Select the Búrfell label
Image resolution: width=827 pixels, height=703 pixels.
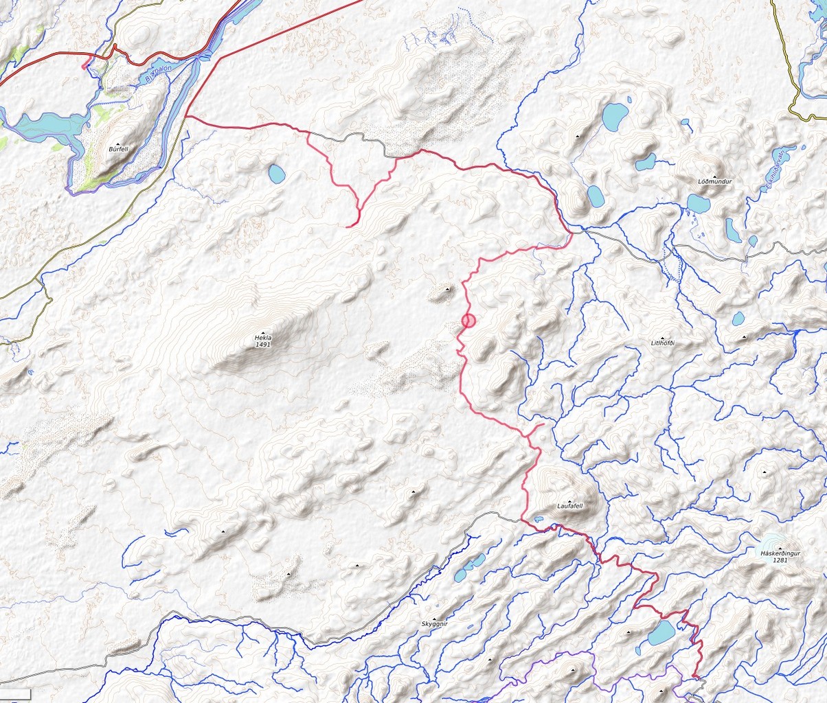click(x=118, y=148)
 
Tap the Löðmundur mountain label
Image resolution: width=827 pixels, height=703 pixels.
click(x=714, y=181)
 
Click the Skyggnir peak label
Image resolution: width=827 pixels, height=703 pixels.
click(x=434, y=624)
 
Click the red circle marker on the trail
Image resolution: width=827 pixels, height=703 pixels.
click(x=469, y=320)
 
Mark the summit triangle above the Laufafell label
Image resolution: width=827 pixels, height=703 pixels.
click(x=569, y=500)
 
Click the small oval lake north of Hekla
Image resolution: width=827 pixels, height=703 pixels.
click(x=276, y=174)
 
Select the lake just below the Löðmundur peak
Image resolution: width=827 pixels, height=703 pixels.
click(x=698, y=203)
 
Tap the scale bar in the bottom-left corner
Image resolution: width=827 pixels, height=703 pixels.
click(x=15, y=695)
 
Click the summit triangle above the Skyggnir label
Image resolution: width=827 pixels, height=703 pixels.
click(x=434, y=618)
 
